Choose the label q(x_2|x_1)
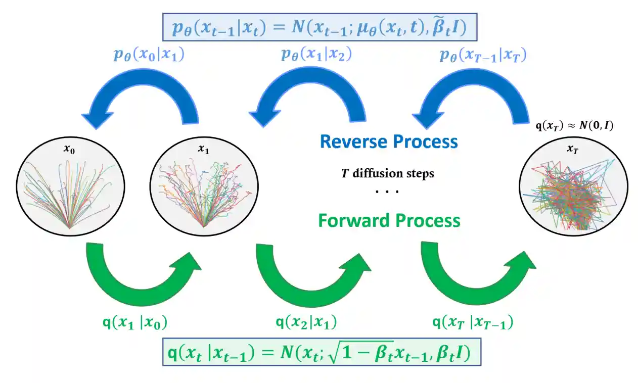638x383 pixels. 306,322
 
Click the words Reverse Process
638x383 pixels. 389,141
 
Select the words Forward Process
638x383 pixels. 389,221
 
